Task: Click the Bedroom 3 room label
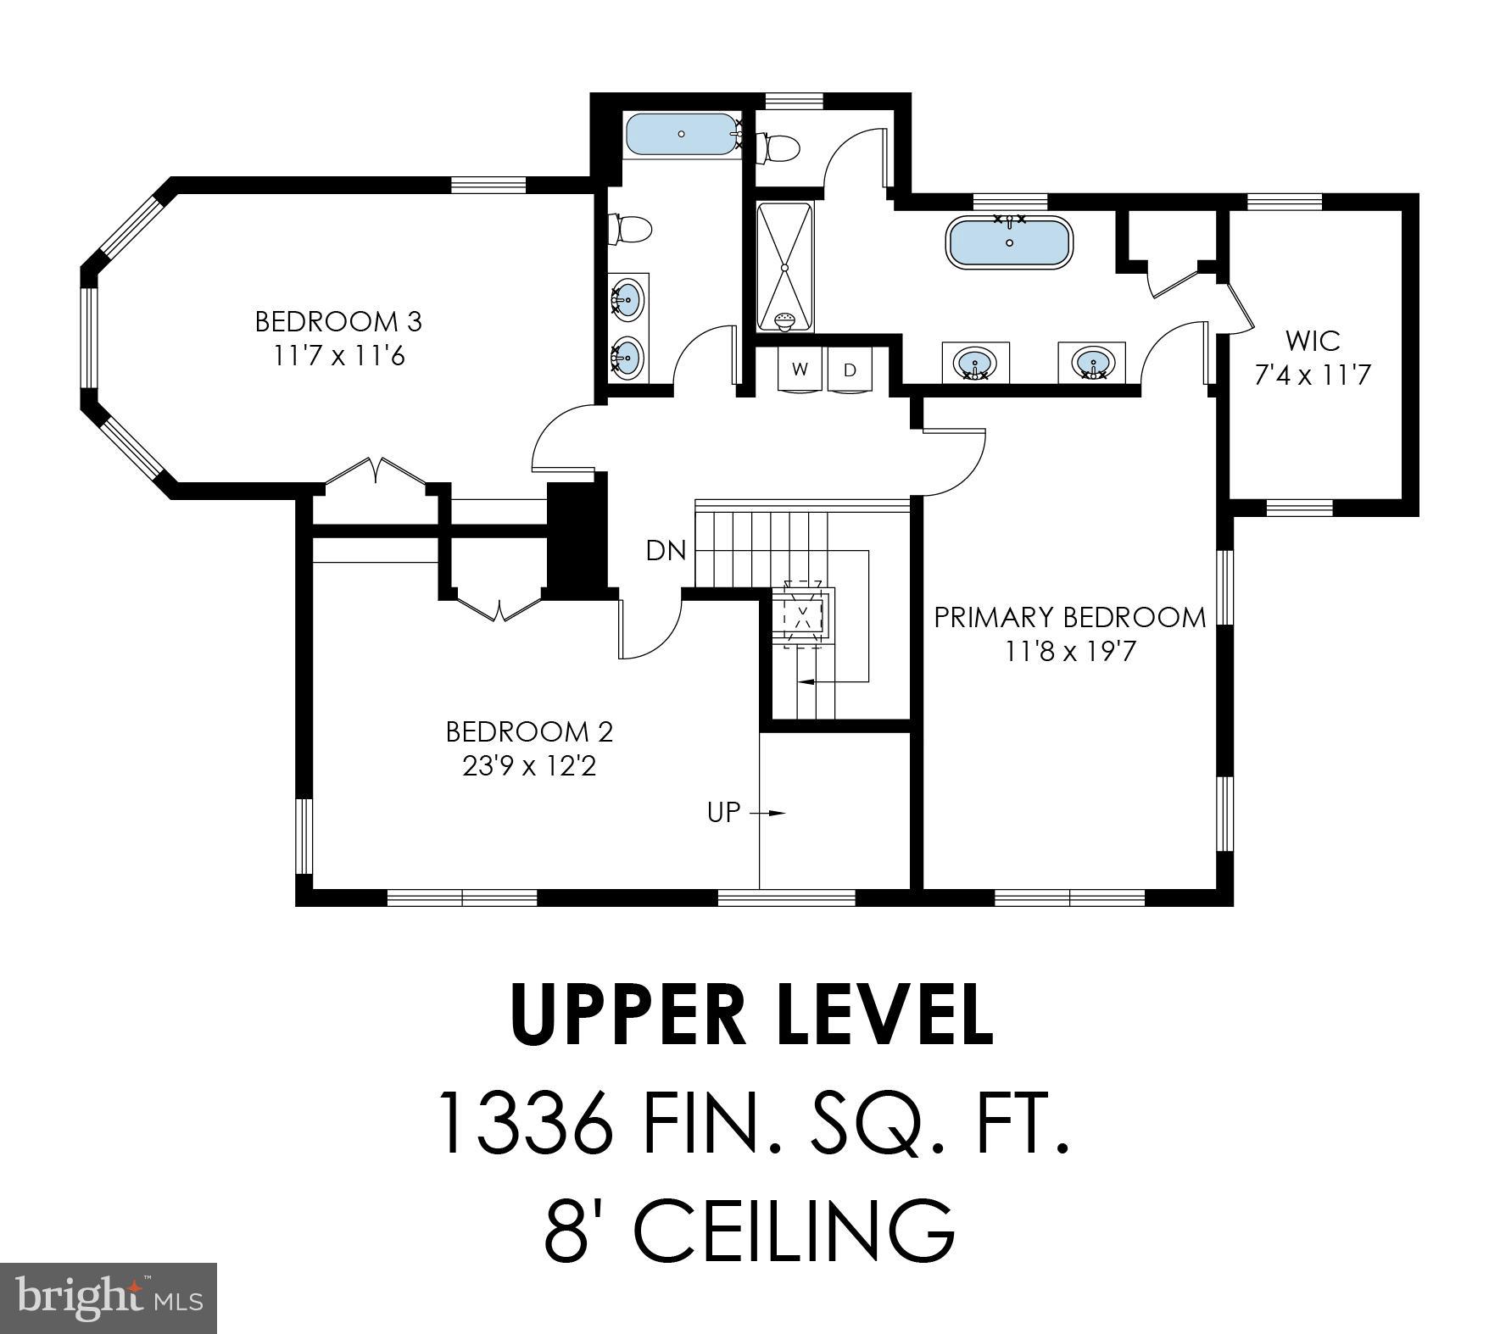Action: coord(338,322)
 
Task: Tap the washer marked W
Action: coord(800,370)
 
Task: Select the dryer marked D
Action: coord(850,370)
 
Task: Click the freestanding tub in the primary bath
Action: coord(1009,243)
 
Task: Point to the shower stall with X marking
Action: coord(784,267)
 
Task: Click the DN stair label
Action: coord(666,551)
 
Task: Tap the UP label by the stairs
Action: coord(723,812)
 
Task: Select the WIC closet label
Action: coord(1313,341)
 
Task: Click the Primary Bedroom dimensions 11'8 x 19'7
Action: coord(1069,652)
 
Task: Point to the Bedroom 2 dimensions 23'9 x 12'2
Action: coord(529,766)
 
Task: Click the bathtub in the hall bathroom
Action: coord(680,134)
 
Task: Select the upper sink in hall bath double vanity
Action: coord(627,298)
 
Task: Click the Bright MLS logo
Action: coord(109,1298)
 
